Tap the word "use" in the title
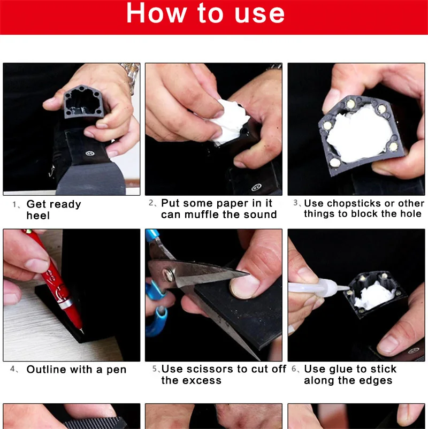pos(259,14)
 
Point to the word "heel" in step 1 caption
pos(38,216)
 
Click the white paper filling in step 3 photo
pos(359,133)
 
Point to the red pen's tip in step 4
pos(82,332)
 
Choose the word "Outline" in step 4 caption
pos(47,369)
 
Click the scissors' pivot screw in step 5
pos(168,275)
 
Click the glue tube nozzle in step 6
pos(342,287)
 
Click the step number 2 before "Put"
pos(151,202)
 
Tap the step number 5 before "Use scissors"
pos(155,369)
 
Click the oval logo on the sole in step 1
pos(90,153)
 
